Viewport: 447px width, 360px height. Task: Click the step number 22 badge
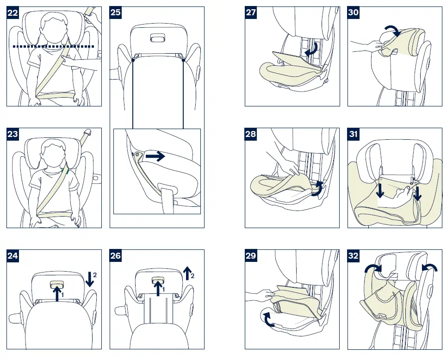tap(13, 13)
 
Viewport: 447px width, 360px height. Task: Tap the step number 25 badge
tap(116, 13)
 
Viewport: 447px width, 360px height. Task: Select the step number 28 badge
tap(251, 134)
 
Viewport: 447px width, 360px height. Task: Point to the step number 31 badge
tap(354, 134)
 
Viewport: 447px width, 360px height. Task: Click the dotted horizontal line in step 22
tap(53, 47)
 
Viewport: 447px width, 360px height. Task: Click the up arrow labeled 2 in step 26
tap(187, 273)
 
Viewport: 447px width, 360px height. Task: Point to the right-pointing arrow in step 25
tap(155, 157)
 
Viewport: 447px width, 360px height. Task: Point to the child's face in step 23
tap(51, 153)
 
